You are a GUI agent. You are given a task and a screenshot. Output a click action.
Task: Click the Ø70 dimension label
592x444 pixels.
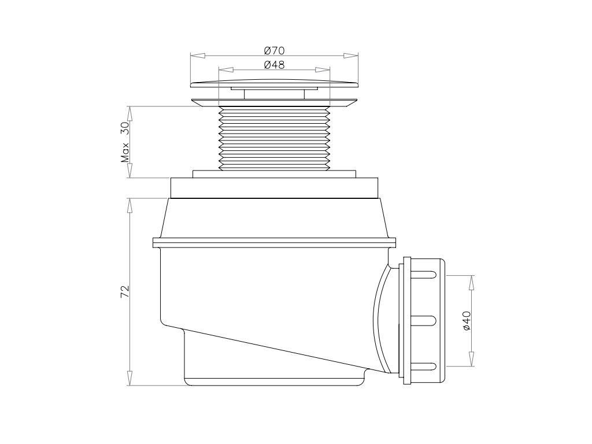point(274,50)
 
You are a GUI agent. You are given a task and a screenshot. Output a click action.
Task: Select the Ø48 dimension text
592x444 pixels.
point(274,65)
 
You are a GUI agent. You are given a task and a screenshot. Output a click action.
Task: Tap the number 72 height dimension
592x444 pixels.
point(125,291)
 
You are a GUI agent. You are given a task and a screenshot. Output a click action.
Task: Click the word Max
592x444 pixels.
point(125,152)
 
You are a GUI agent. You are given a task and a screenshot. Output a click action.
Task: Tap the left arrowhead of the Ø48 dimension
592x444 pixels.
point(226,70)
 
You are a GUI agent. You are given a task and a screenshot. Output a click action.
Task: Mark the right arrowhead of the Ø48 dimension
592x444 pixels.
point(323,70)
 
